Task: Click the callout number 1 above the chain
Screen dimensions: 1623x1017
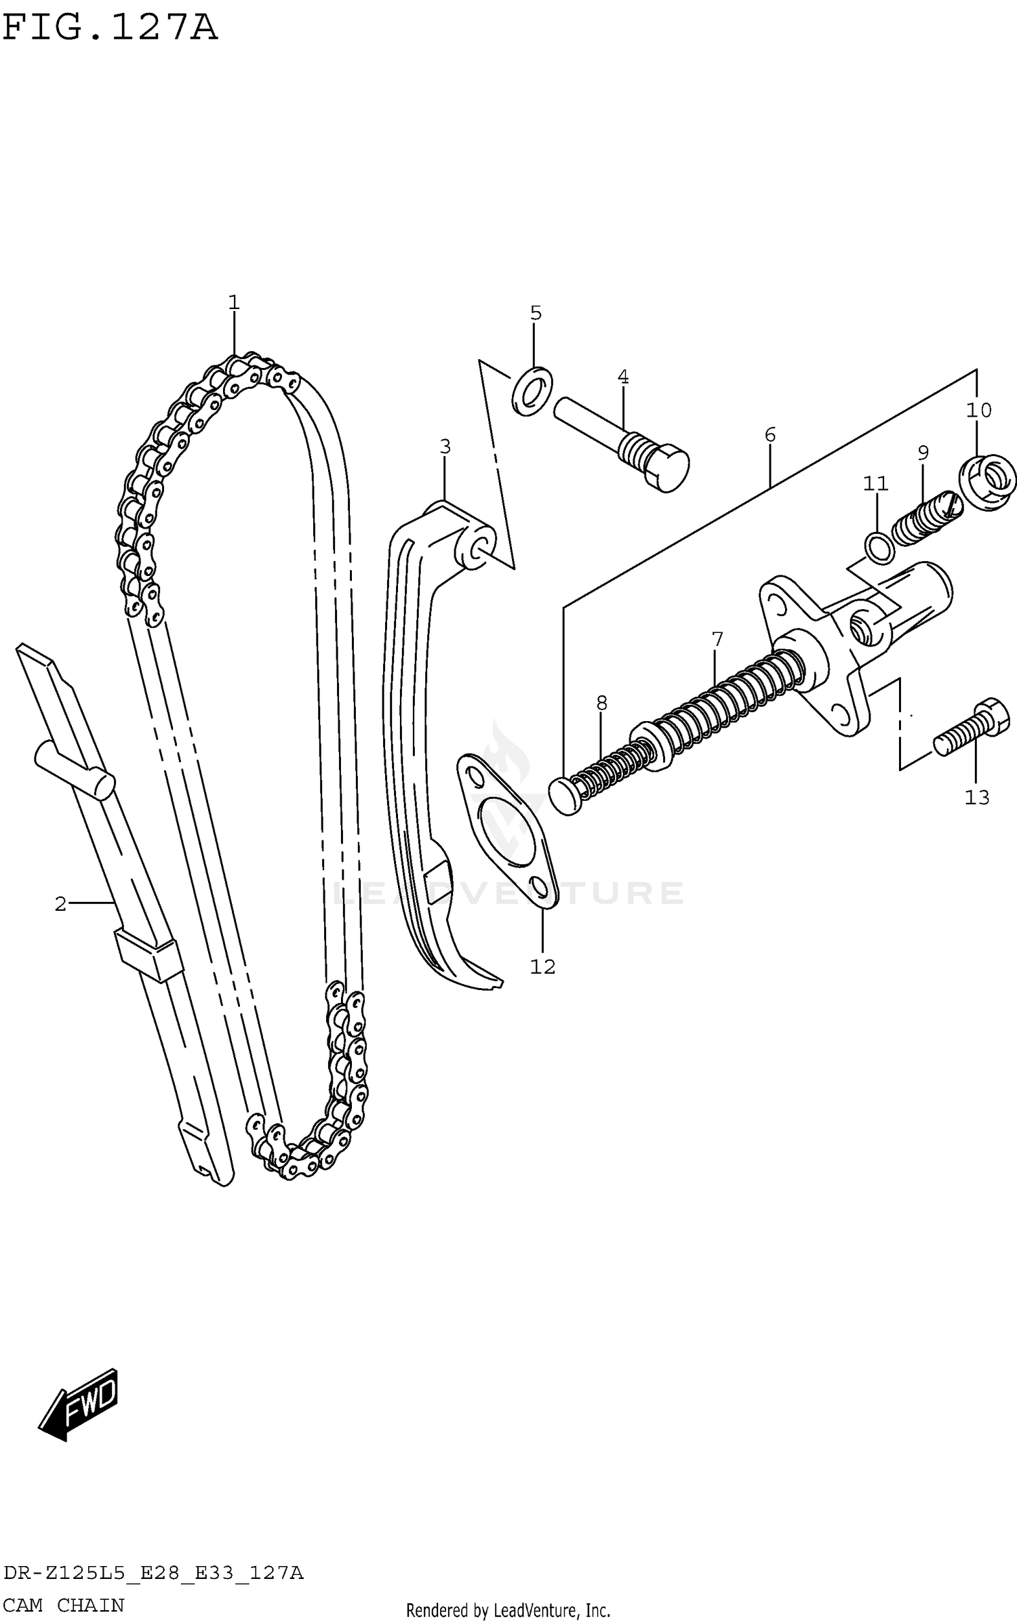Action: coord(234,303)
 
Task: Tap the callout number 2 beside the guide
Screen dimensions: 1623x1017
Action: coord(61,903)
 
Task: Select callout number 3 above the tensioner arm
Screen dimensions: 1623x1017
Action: coord(445,447)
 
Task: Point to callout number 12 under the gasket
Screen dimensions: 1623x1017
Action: coord(542,967)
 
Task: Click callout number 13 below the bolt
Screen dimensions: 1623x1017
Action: coord(977,798)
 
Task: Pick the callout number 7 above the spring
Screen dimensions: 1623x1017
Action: coord(717,638)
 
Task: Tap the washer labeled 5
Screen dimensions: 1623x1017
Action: coord(532,391)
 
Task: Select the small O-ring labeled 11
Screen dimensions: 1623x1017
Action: coord(879,547)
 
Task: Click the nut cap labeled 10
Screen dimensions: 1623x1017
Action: coord(987,482)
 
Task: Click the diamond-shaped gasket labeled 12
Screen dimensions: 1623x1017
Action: coord(508,829)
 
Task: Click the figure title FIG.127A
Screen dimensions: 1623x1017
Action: coord(110,28)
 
